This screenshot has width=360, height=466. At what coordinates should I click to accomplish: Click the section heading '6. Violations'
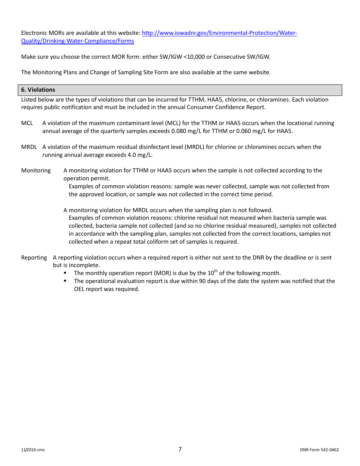[38, 90]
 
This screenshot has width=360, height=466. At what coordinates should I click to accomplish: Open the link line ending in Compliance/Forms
[77, 41]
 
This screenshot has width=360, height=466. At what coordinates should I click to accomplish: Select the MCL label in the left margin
[27, 123]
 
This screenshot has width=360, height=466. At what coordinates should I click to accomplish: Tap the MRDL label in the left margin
[29, 147]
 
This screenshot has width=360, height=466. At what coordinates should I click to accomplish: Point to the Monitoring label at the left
[36, 170]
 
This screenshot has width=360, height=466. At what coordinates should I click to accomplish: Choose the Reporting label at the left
[34, 258]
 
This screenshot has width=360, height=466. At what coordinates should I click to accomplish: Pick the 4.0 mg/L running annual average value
[142, 155]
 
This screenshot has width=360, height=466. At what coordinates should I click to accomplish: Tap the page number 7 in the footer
[180, 449]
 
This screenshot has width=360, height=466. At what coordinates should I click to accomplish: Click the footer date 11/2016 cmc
[33, 450]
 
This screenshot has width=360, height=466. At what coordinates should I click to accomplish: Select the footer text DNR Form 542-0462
[319, 450]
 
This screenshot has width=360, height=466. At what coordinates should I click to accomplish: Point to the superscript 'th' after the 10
[216, 271]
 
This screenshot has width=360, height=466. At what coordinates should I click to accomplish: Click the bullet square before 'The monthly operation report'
[65, 273]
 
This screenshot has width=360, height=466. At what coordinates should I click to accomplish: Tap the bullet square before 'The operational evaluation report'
[65, 281]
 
